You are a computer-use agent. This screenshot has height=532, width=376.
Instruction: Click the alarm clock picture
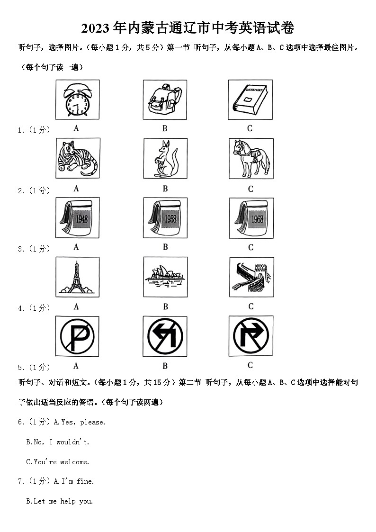77,99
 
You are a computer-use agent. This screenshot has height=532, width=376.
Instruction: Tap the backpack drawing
165,99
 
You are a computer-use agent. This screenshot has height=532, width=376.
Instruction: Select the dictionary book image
250,99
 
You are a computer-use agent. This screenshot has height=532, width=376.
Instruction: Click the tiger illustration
78,158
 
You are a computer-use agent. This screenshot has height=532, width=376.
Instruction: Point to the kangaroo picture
165,159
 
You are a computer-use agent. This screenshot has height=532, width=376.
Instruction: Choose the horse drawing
251,158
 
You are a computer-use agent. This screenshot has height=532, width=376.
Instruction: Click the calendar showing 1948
77,217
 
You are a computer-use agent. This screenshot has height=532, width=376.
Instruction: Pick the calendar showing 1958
165,217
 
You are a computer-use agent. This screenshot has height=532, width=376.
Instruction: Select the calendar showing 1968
251,217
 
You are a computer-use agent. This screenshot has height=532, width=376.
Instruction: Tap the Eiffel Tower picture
77,277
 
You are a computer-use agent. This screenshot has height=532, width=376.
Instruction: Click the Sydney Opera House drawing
165,277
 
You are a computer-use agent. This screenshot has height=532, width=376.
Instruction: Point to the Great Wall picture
251,277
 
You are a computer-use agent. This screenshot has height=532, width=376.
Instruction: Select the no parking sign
77,336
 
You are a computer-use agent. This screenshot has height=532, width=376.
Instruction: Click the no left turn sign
165,336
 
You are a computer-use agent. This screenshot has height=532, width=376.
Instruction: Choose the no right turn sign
251,336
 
